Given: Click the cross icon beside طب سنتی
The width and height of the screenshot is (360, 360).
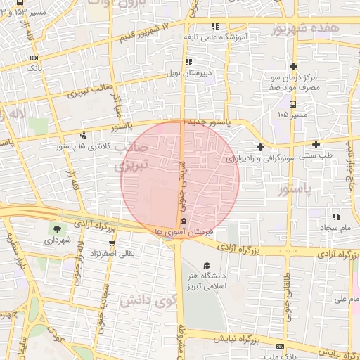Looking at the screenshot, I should [261, 147].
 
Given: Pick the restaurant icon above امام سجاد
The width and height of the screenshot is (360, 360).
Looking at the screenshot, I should [335, 217].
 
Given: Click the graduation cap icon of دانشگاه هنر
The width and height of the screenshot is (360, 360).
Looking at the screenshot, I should [207, 265].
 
